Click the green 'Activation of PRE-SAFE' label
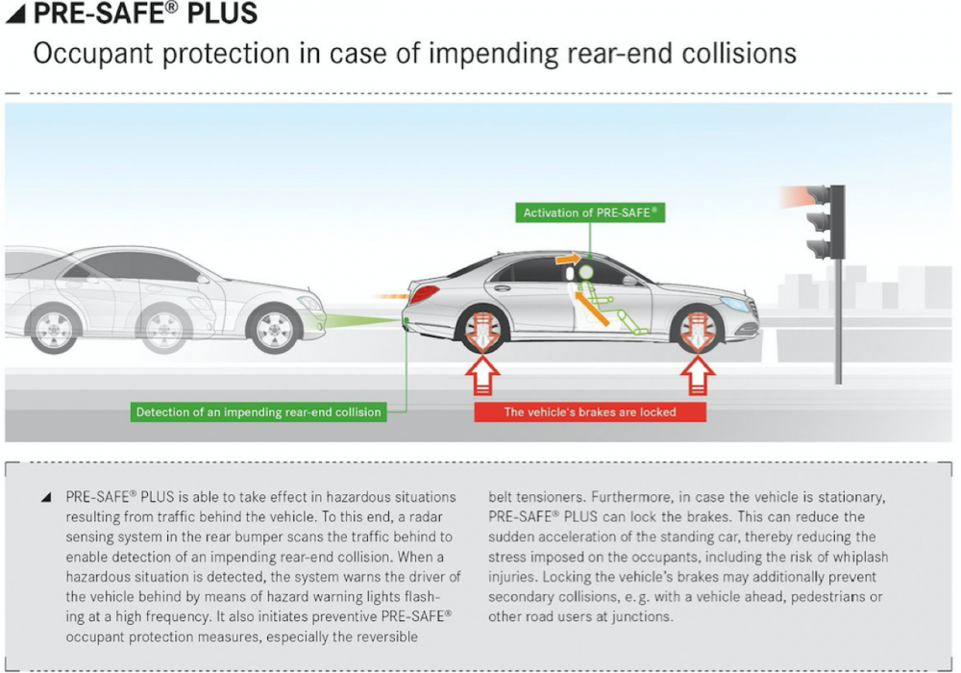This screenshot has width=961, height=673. coord(590,212)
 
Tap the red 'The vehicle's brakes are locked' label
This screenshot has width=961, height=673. coord(590,411)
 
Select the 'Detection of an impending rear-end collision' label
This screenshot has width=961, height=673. coord(259,411)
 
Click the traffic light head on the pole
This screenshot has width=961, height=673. coord(825,222)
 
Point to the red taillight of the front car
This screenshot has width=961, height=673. coord(424,294)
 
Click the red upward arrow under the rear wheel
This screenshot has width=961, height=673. coord(482,376)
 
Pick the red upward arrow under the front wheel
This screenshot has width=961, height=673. coord(698,376)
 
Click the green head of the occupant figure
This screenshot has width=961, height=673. coord(586,271)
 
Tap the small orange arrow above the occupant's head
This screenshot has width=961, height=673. coord(568,259)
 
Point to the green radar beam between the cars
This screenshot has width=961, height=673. coord(361,320)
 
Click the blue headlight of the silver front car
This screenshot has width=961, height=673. coord(735,304)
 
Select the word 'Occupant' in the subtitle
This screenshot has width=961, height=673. coord(94,54)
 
